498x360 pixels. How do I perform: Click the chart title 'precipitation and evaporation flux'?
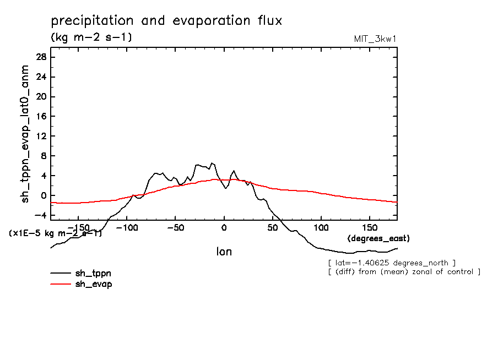[x=166, y=21]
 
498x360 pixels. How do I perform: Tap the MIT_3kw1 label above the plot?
[x=375, y=39]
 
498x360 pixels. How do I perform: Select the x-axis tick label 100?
[x=321, y=227]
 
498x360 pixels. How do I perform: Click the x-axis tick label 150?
[x=370, y=227]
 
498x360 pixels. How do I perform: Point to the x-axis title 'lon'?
[x=224, y=252]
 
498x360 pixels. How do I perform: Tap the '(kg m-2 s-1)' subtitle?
[x=91, y=37]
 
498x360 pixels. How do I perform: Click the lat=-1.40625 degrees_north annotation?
[x=391, y=263]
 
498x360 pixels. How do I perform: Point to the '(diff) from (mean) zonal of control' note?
[x=404, y=272]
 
